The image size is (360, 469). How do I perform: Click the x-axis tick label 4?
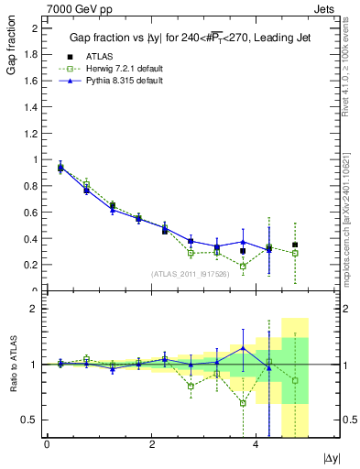click(x=256, y=445)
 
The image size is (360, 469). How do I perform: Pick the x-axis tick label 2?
click(x=151, y=445)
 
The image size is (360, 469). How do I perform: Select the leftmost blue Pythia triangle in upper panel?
click(x=60, y=168)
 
